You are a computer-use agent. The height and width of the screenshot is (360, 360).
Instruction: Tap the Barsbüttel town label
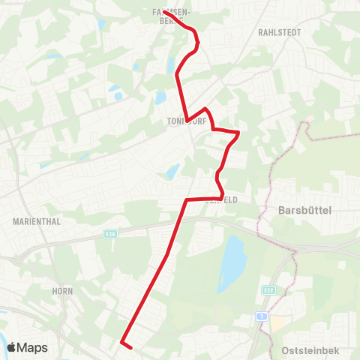point(304,211)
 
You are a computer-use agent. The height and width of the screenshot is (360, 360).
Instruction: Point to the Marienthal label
point(36,222)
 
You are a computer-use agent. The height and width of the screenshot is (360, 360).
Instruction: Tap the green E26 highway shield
point(111,235)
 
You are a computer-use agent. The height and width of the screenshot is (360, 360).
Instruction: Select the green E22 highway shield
point(269,289)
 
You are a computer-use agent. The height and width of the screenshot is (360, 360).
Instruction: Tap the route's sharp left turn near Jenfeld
point(186,200)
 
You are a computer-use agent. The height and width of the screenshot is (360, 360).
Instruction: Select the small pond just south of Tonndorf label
point(173,172)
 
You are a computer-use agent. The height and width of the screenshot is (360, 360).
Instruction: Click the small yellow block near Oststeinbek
point(278,322)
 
